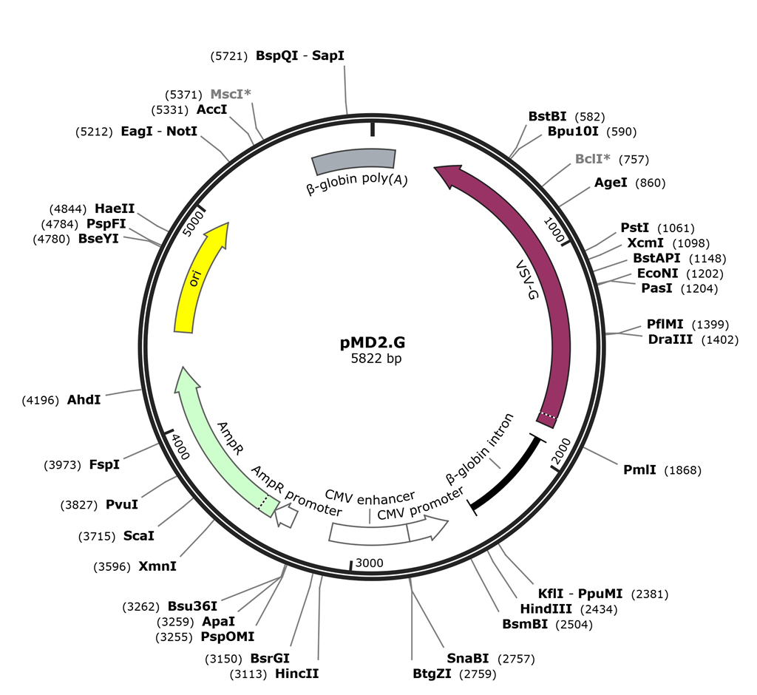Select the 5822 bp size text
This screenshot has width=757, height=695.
[377, 359]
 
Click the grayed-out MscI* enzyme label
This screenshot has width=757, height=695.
[231, 95]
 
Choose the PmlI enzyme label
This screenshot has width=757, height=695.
[639, 470]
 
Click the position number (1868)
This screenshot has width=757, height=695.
[683, 470]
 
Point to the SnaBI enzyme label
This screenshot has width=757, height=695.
[467, 658]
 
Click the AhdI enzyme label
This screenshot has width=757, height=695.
[84, 399]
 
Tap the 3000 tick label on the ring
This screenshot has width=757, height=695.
[369, 563]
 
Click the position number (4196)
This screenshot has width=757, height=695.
[41, 399]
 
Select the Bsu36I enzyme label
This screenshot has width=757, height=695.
[192, 606]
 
